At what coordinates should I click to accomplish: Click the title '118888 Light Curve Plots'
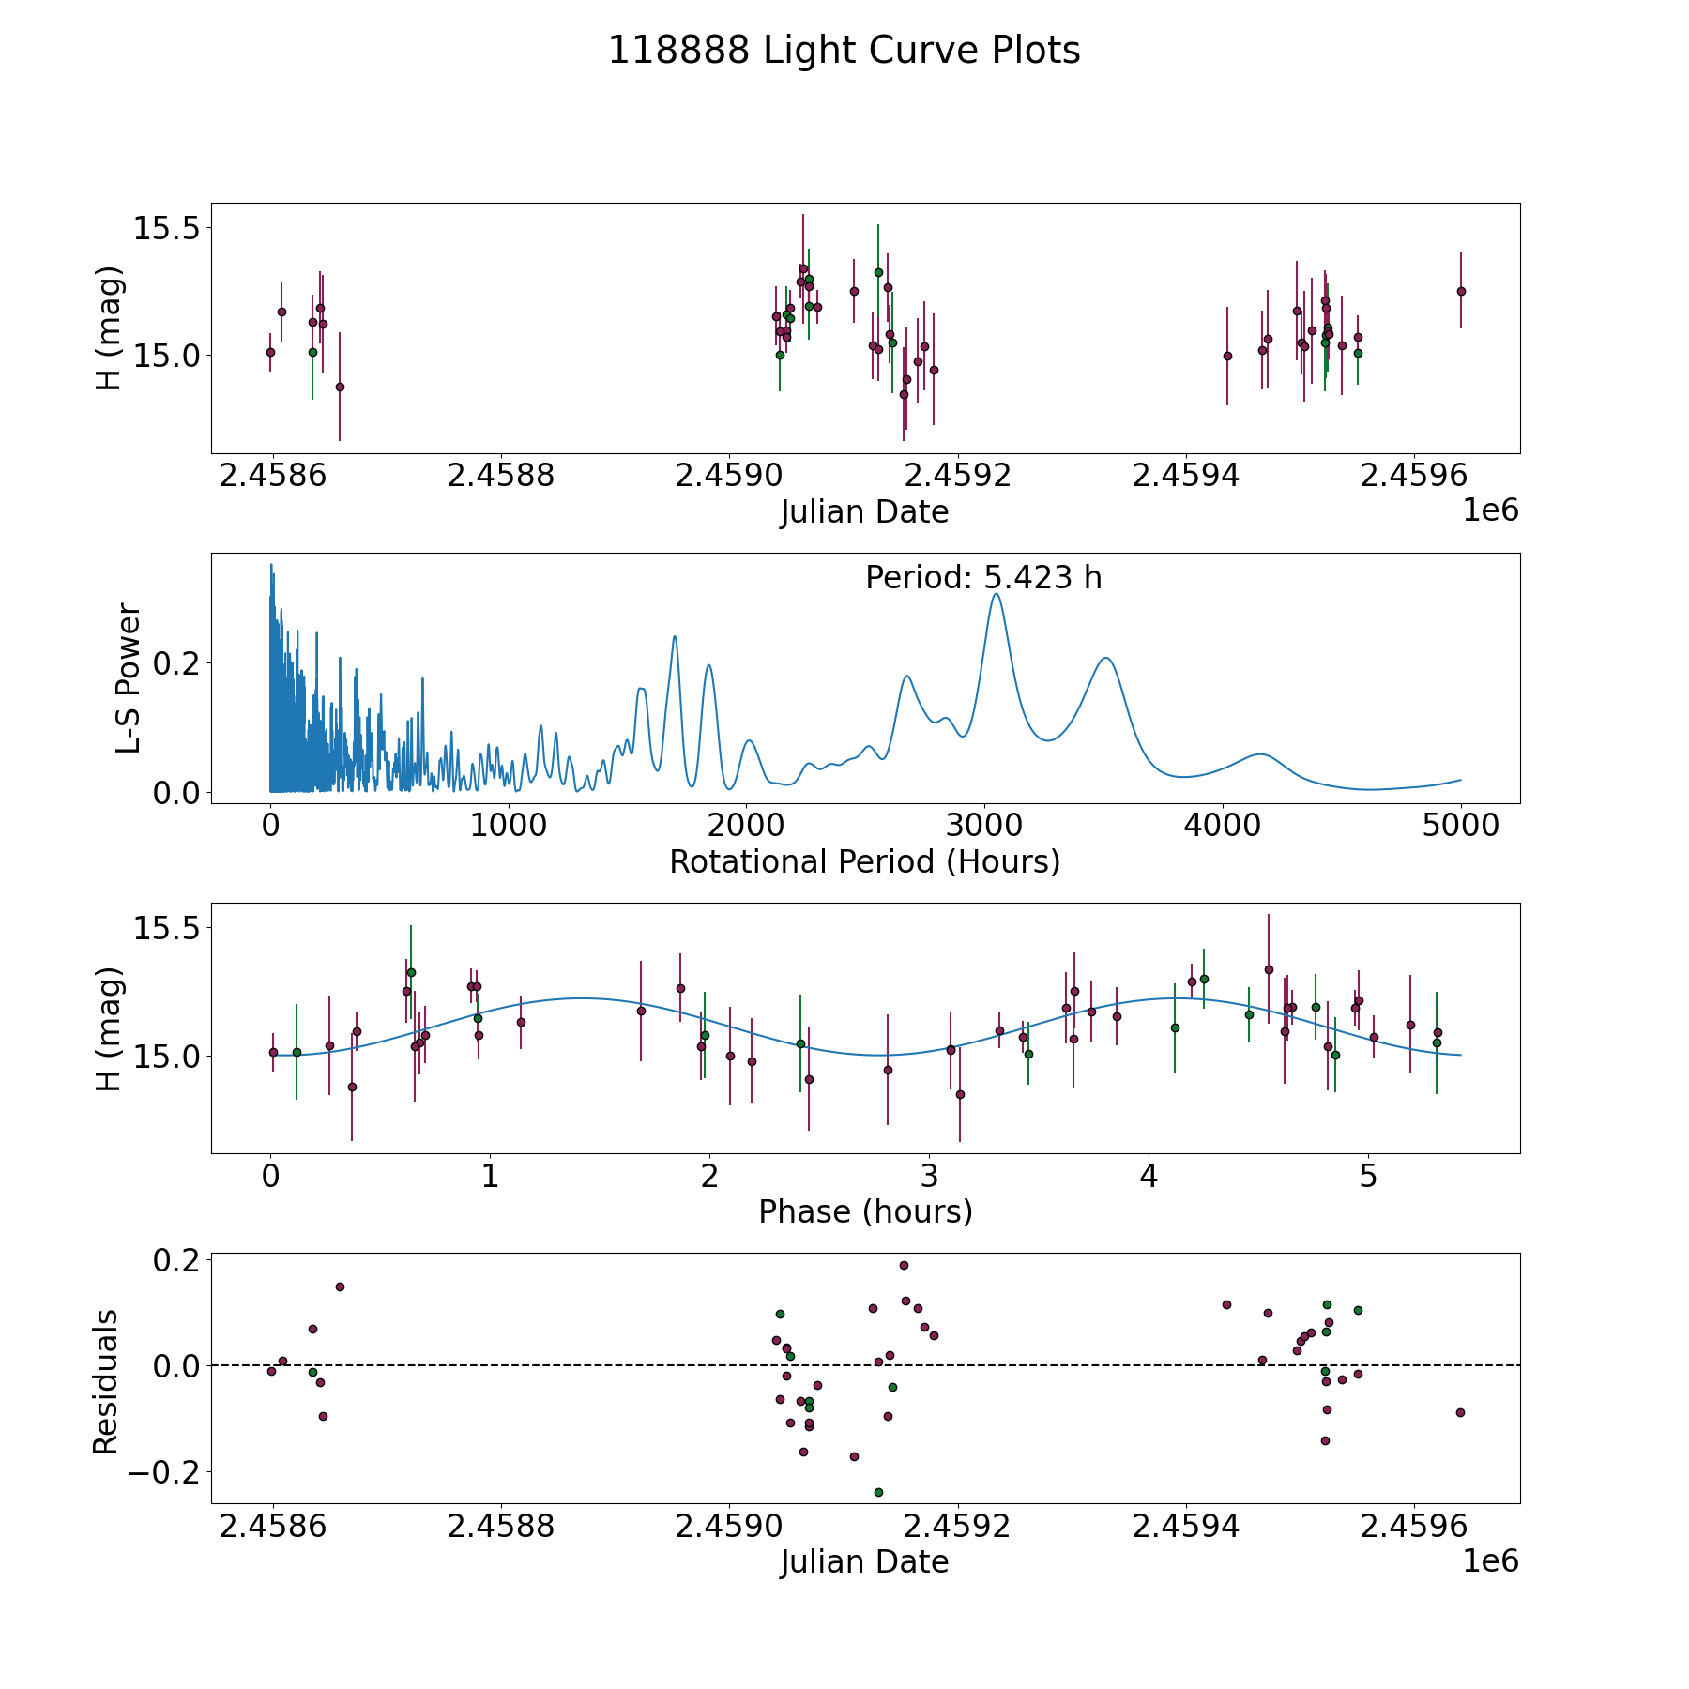click(x=844, y=51)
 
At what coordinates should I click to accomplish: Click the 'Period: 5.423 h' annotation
click(x=983, y=577)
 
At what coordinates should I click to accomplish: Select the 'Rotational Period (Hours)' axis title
click(x=864, y=861)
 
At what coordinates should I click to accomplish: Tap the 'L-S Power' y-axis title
click(x=129, y=678)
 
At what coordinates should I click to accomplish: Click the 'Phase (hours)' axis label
click(x=865, y=1211)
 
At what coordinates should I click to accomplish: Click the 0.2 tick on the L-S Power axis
click(x=177, y=663)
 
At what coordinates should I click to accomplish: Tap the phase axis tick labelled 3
click(x=929, y=1176)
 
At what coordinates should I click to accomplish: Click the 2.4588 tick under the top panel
click(x=501, y=476)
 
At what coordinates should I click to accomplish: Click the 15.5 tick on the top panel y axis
click(x=167, y=228)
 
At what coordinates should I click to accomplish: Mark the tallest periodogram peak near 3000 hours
click(x=996, y=593)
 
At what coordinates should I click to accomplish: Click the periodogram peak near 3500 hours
click(x=1107, y=658)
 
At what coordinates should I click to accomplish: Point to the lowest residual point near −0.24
click(x=878, y=1492)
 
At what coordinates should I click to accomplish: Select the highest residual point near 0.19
click(x=904, y=1265)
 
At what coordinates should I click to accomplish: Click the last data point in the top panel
click(x=1461, y=291)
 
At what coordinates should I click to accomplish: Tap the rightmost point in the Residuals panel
click(x=1460, y=1412)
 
